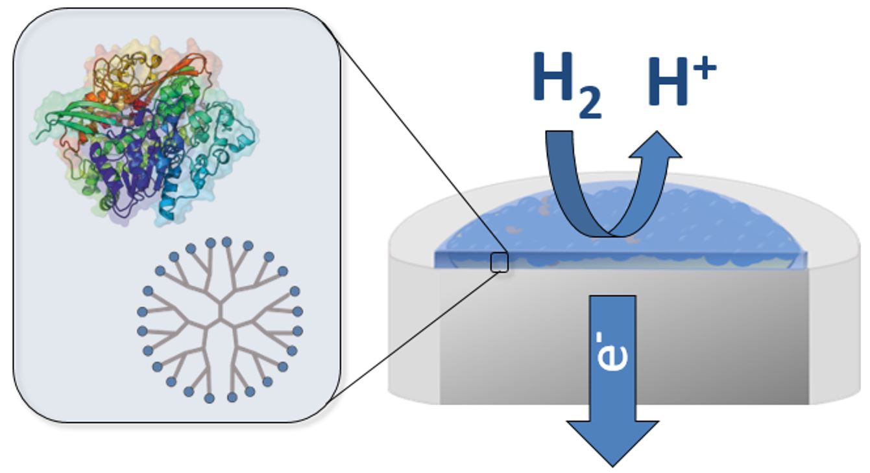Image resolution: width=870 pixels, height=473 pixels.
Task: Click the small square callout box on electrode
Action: (499, 262)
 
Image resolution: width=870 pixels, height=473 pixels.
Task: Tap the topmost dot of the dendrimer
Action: (211, 242)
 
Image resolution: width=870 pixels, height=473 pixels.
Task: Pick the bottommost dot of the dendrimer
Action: (210, 398)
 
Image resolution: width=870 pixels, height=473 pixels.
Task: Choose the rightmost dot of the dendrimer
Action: (298, 312)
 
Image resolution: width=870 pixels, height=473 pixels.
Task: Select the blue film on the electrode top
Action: (714, 227)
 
